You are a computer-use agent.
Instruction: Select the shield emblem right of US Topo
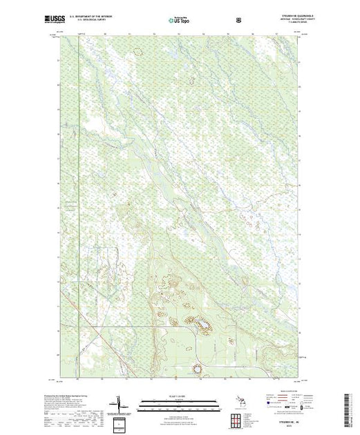click(238, 19)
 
